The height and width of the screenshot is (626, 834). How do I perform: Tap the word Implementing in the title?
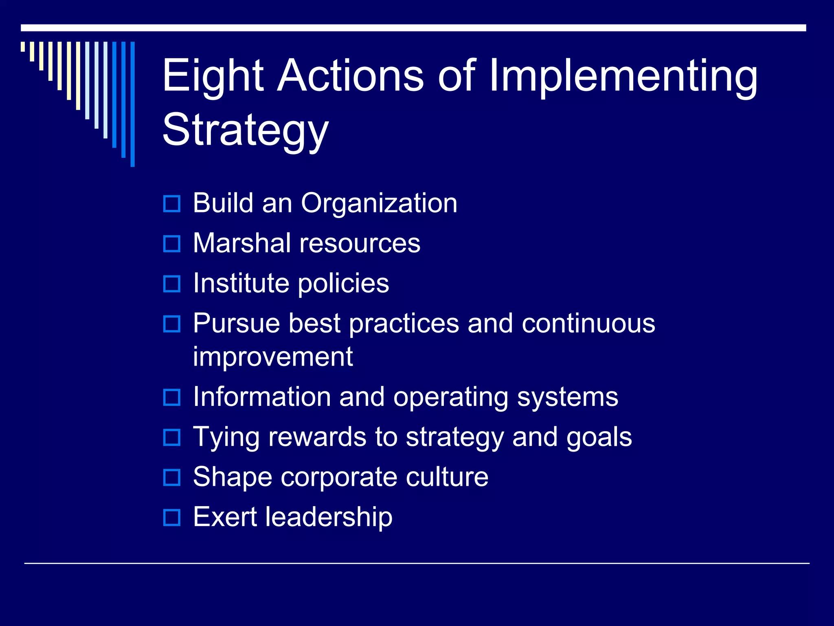pos(623,76)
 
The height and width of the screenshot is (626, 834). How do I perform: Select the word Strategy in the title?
pos(245,130)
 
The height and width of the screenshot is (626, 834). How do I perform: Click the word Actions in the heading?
pos(350,76)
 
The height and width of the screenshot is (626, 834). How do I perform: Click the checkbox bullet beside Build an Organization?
pos(171,203)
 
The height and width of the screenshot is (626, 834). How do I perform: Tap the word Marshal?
pos(242,243)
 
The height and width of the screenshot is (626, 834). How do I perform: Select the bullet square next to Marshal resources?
pos(171,244)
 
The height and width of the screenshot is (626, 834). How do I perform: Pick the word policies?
pos(343,284)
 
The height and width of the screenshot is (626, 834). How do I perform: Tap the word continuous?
pos(588,323)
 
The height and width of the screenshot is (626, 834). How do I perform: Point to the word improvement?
pos(273,357)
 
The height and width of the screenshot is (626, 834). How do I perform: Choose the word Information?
pos(262,397)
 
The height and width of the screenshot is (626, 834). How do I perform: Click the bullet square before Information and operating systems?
pos(171,397)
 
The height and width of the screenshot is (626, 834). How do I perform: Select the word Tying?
pos(226,437)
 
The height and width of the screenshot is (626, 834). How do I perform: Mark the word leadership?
pos(329,517)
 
